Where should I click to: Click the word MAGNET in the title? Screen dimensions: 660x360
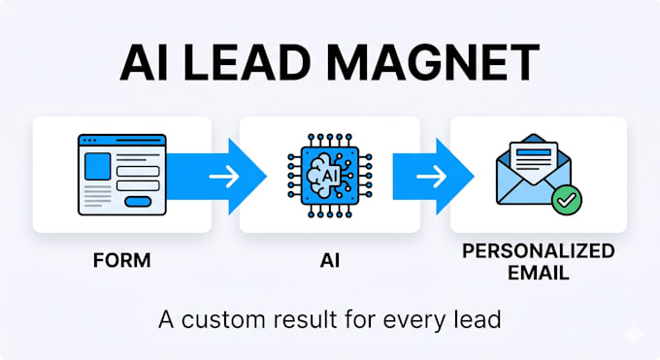coord(433,62)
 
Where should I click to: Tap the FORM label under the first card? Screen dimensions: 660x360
coord(121,260)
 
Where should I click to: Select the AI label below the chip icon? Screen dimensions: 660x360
coord(330,261)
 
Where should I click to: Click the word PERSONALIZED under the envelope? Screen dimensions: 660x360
coord(539,251)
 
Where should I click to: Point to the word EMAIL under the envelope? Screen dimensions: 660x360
coord(539,273)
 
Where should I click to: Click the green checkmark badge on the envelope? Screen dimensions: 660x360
coord(567,201)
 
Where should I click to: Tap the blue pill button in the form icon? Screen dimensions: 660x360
coord(138,202)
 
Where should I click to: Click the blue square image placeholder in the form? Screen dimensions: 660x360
coord(98,166)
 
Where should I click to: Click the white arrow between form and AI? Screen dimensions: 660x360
coord(224,176)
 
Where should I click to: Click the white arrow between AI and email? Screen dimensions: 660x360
coord(432,176)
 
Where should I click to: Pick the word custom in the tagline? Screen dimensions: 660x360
coord(223,319)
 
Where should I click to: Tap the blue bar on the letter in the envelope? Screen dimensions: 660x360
coord(533,152)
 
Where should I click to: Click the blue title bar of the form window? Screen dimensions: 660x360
coord(122,140)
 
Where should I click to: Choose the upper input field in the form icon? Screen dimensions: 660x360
coord(138,171)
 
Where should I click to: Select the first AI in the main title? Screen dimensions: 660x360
coord(143,62)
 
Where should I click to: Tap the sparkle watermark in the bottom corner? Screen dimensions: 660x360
coord(634,334)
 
